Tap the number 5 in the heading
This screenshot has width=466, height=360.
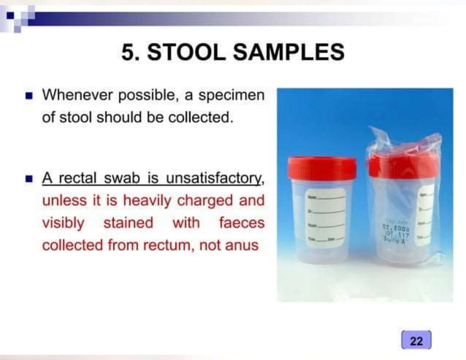click(129, 53)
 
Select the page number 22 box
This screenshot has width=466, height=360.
click(416, 341)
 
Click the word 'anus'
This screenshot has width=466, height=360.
click(242, 245)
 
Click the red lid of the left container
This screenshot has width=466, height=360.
click(321, 168)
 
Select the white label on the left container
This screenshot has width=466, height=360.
click(326, 216)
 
